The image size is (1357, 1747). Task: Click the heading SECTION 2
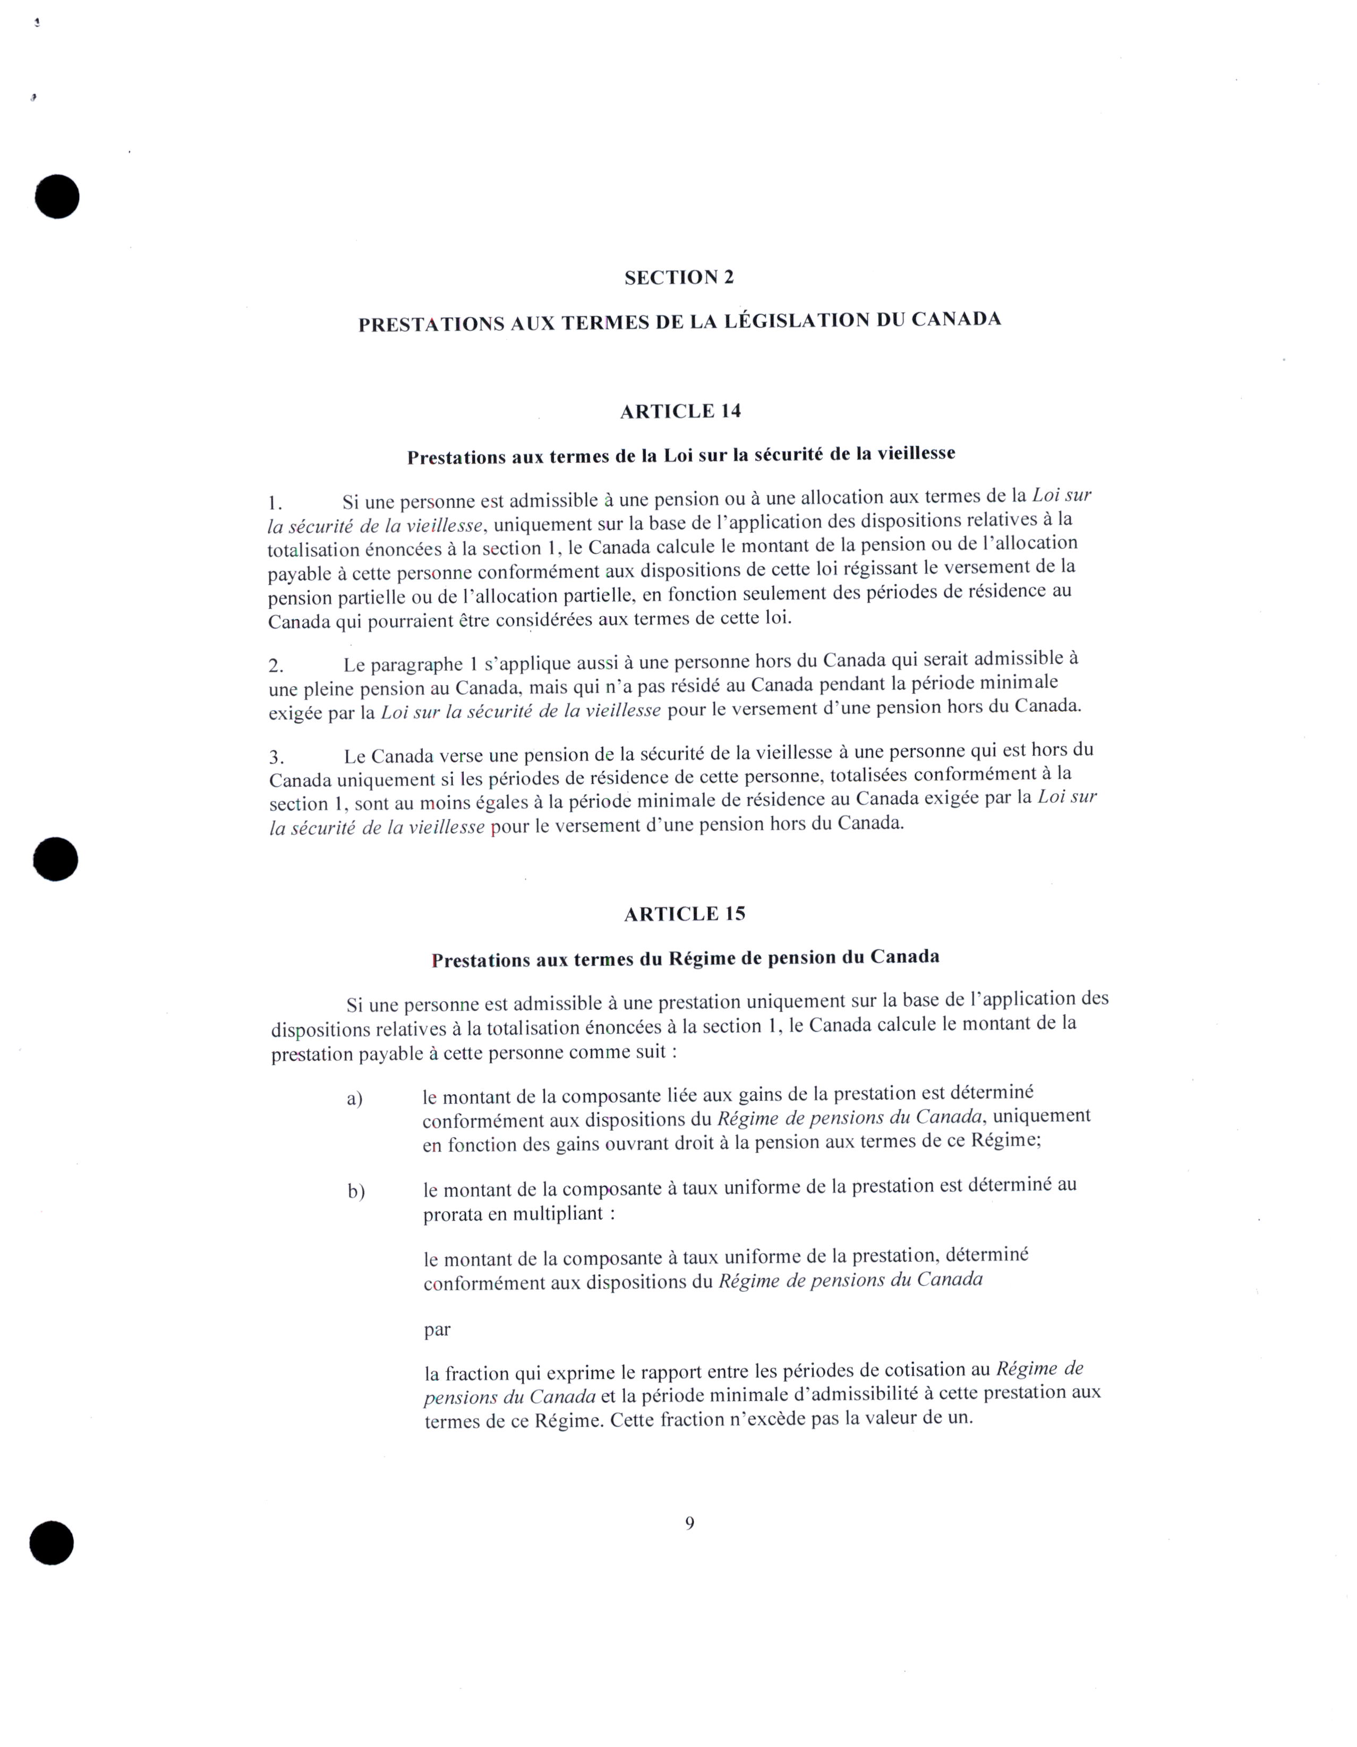point(679,278)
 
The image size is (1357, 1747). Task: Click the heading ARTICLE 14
point(680,411)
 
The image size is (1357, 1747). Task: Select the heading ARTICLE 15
point(685,914)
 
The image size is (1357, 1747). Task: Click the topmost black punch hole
point(57,196)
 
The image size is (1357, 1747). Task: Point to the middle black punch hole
point(56,860)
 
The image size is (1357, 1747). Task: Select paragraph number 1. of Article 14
point(275,504)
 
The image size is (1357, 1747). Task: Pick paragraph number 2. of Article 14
point(276,666)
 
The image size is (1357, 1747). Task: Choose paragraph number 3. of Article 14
point(277,757)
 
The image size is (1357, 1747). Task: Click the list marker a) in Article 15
point(355,1099)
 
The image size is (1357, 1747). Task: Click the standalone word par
point(438,1330)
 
